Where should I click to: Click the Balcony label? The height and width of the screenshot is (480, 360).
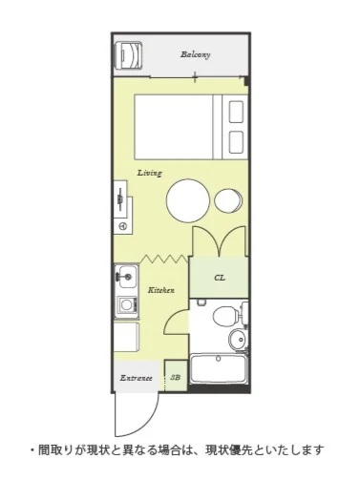196,54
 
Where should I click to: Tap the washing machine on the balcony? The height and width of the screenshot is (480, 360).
128,54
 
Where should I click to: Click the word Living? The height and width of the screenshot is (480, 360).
150,173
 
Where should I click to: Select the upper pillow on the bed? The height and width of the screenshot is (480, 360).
236,112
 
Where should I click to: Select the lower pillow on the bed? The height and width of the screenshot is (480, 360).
236,142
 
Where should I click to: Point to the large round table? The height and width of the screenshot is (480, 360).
188,200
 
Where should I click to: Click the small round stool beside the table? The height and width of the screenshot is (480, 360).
228,201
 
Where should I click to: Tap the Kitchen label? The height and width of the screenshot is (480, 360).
161,290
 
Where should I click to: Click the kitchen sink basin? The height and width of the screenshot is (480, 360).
126,276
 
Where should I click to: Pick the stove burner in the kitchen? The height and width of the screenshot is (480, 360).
126,304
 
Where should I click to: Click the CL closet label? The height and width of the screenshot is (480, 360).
220,278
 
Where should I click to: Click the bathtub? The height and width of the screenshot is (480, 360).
219,369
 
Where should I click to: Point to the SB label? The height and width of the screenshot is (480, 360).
176,377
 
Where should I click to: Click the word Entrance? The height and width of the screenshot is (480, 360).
137,378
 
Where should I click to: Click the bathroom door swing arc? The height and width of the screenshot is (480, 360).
171,318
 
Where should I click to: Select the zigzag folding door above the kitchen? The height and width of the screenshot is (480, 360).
164,259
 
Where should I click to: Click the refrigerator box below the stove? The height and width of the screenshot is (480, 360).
126,337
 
